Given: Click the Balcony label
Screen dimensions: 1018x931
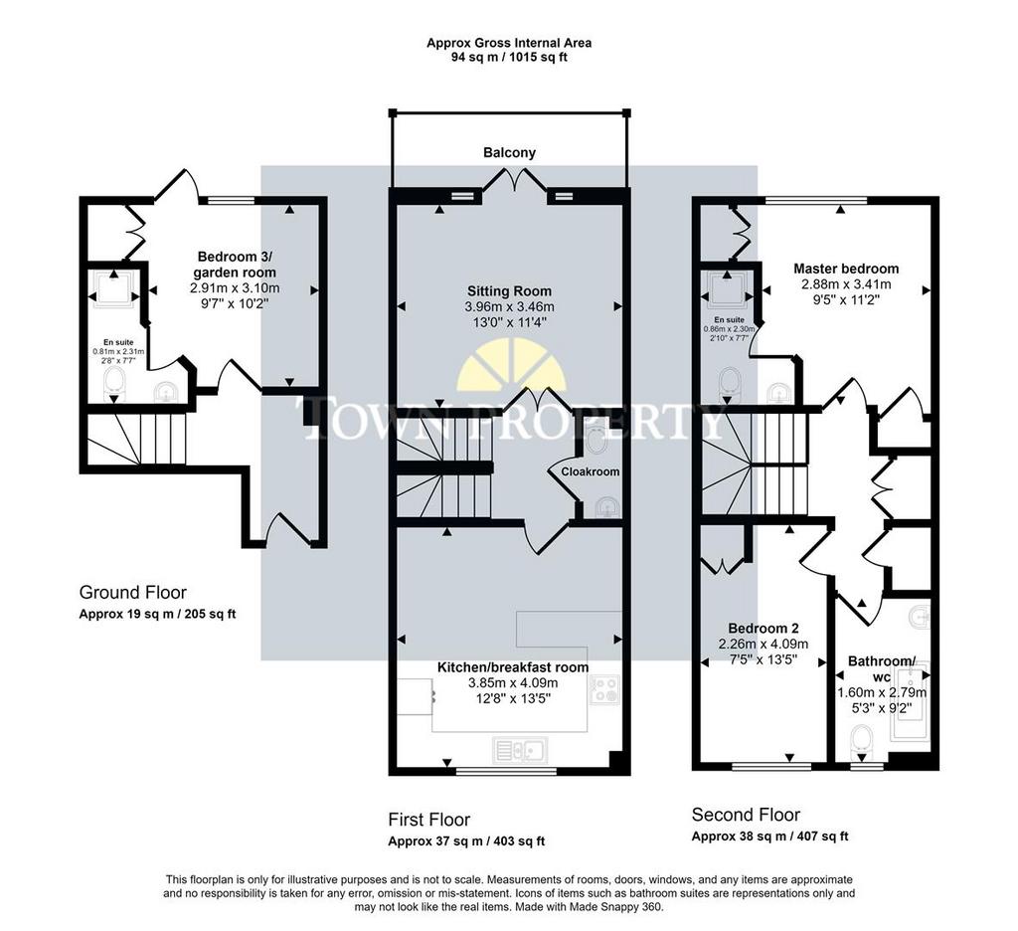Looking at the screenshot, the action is [x=509, y=152].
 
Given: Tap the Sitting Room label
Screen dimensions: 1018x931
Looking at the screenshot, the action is [x=509, y=291].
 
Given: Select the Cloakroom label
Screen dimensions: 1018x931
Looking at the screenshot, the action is [x=591, y=471].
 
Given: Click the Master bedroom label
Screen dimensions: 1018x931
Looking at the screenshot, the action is [x=846, y=269].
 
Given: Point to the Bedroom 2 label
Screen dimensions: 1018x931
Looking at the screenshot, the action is [x=763, y=629].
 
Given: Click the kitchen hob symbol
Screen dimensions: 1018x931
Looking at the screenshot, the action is [x=604, y=689].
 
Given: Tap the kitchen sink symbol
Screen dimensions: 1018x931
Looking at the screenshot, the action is [x=520, y=750].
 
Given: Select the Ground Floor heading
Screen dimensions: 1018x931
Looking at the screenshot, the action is [x=132, y=593].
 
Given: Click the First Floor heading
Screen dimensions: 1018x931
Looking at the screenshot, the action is [x=429, y=820].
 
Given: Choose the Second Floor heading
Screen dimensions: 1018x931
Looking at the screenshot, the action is [x=746, y=815].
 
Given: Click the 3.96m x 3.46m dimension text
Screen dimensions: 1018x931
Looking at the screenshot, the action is [x=510, y=306].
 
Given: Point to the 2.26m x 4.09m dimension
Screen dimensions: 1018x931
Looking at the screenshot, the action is [x=763, y=645].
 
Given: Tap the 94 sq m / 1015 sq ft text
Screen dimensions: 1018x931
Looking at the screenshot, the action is [x=509, y=57].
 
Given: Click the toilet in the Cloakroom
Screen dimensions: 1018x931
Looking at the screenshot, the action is [x=594, y=441].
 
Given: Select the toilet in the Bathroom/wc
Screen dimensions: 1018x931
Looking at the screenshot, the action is [x=861, y=739].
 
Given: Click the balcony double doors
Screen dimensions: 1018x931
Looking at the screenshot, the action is [x=514, y=179].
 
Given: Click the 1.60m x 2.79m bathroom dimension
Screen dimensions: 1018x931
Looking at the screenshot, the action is [x=882, y=692].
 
